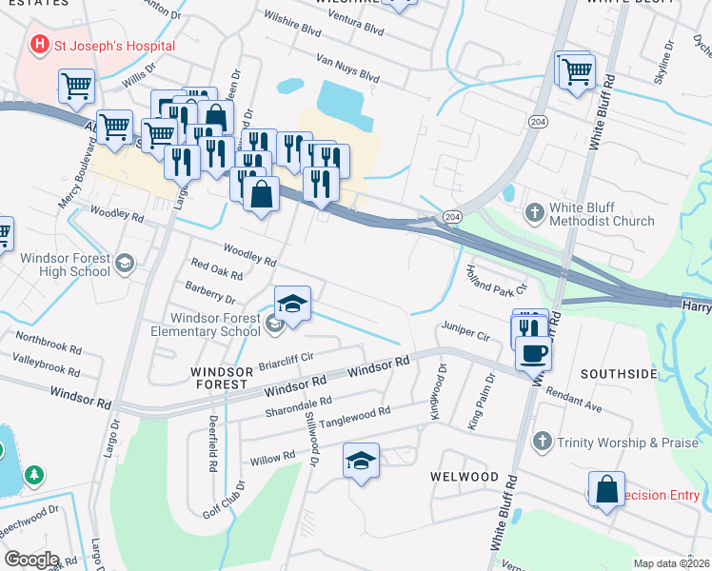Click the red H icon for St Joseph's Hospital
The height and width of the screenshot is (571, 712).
click(40, 44)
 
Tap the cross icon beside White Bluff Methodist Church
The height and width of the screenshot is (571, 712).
click(535, 212)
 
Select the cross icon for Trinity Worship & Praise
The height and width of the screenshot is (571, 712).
click(542, 441)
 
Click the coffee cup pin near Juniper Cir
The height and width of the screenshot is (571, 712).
click(533, 352)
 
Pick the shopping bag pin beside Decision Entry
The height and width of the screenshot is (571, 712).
click(606, 489)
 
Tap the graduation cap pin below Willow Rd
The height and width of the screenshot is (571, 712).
click(361, 462)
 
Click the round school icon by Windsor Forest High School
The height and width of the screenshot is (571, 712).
click(124, 263)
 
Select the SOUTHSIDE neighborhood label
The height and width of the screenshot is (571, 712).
click(620, 374)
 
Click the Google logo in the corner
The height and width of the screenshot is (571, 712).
click(30, 560)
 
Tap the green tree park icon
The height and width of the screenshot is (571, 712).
click(34, 474)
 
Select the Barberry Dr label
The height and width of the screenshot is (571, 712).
click(210, 291)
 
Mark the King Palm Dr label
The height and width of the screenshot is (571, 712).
click(482, 401)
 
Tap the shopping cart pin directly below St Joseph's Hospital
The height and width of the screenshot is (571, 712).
click(76, 86)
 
